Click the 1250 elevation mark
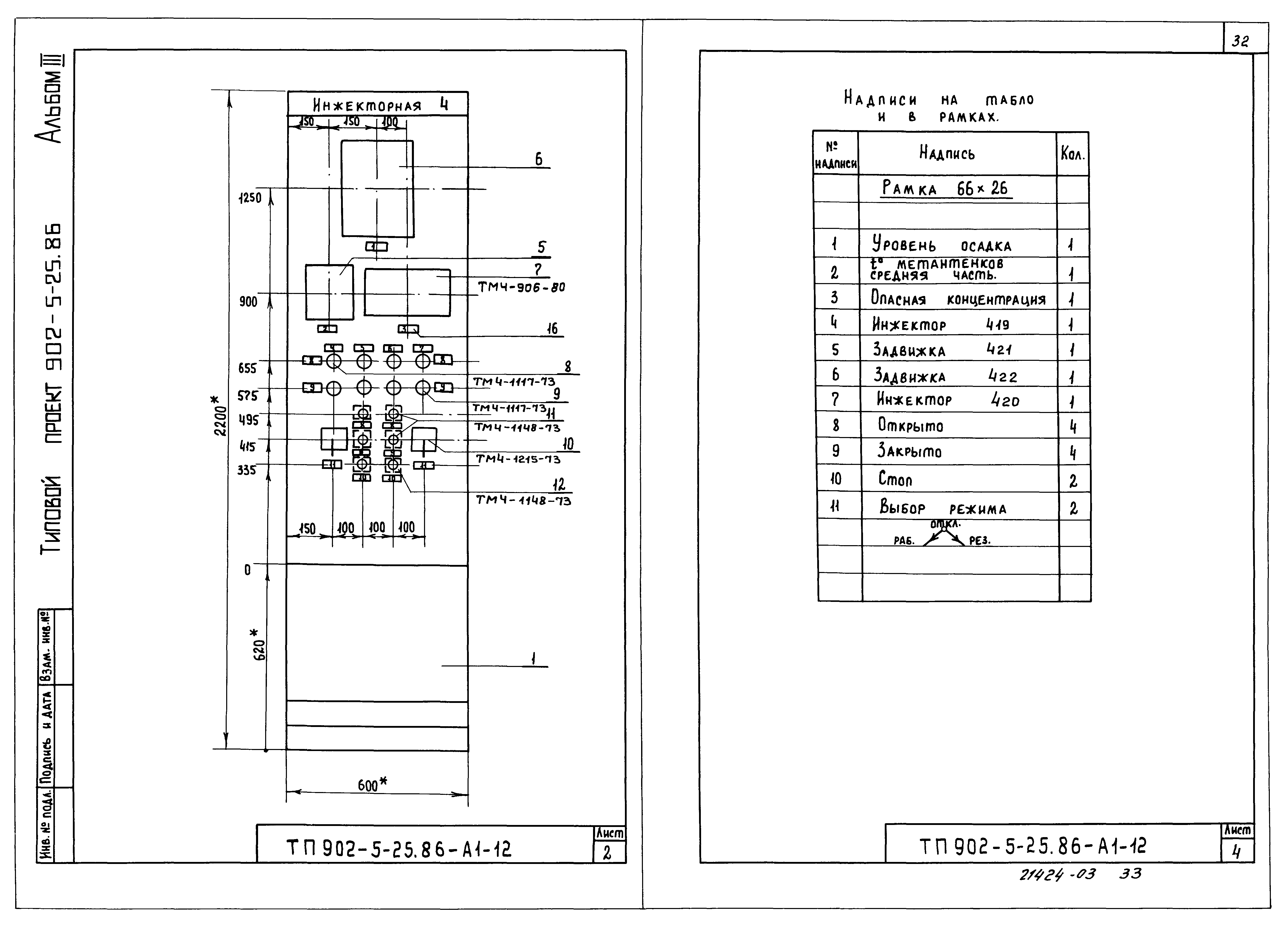pos(250,198)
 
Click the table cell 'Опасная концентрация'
pos(958,299)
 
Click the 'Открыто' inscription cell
pos(911,425)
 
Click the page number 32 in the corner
pos(1240,41)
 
